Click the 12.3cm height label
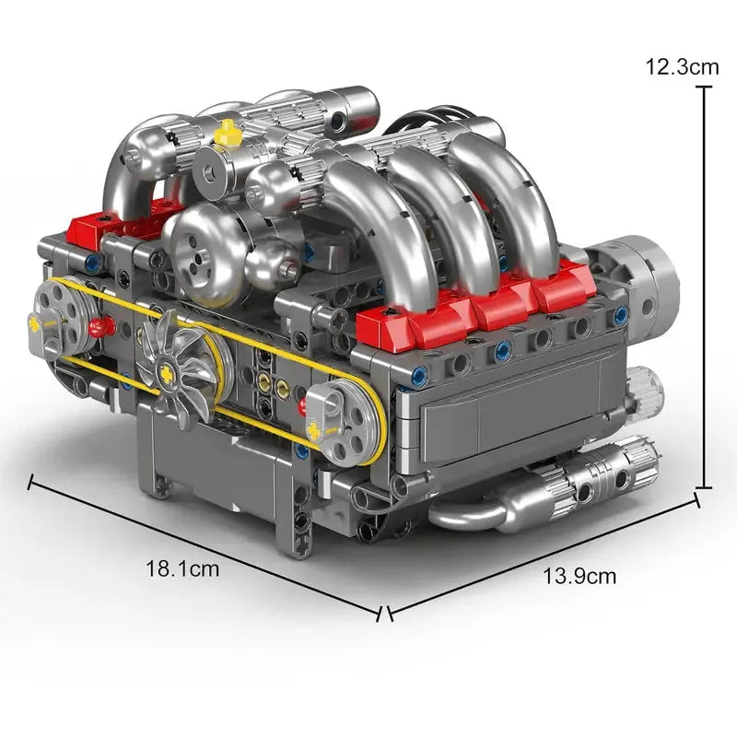(x=682, y=66)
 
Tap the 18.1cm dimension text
(x=182, y=568)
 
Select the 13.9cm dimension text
(x=579, y=577)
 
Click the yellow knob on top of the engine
(x=227, y=136)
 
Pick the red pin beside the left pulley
(x=101, y=326)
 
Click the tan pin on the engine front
(x=263, y=380)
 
